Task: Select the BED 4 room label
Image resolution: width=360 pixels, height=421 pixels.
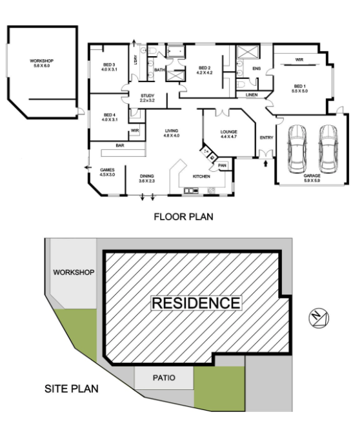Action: pyautogui.click(x=109, y=117)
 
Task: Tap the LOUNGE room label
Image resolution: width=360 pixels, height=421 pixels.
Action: pyautogui.click(x=229, y=133)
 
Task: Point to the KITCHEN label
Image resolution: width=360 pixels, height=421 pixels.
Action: pyautogui.click(x=202, y=176)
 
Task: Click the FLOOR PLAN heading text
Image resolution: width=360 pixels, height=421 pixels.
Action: pyautogui.click(x=183, y=217)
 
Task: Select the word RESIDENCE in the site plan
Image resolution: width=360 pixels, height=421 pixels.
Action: pyautogui.click(x=195, y=302)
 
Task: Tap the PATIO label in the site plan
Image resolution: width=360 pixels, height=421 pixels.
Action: pyautogui.click(x=163, y=378)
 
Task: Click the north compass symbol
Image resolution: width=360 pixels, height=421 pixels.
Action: pyautogui.click(x=317, y=317)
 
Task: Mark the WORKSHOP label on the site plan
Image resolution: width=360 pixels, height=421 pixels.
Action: pyautogui.click(x=74, y=272)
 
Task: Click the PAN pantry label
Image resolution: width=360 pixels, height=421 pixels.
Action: pyautogui.click(x=222, y=166)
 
